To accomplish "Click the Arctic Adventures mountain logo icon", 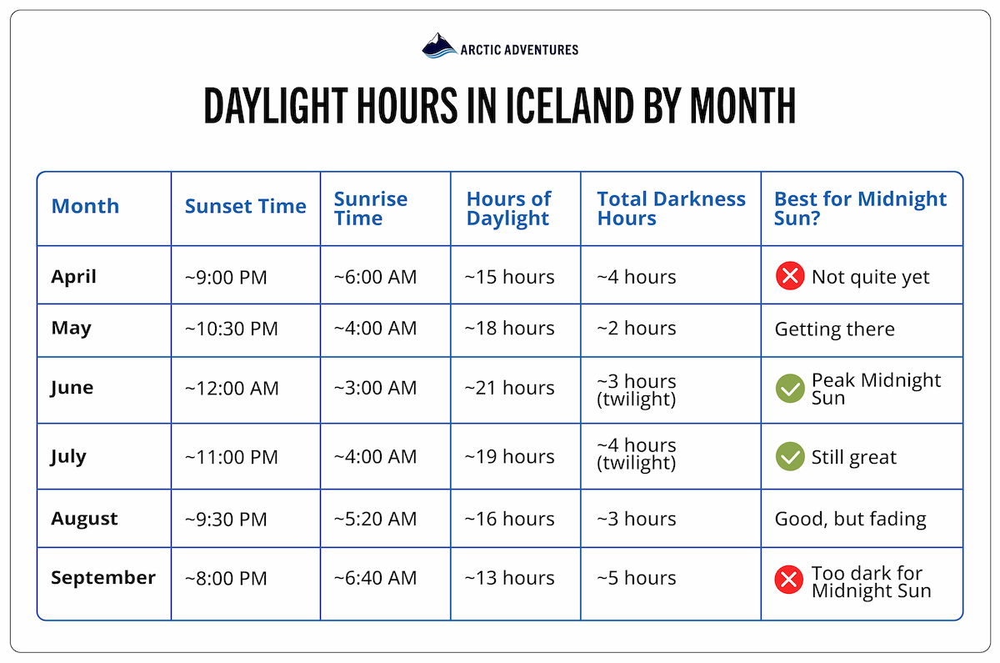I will [439, 47].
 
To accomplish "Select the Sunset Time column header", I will [245, 207].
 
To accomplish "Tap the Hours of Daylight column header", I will [508, 208].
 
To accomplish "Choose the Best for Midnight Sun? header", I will [860, 208].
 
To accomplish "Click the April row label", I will [73, 276].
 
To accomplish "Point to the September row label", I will [102, 577].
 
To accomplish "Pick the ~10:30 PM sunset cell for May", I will [231, 329].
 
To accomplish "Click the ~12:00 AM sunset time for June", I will [231, 389].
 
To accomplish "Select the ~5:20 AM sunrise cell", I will [375, 519].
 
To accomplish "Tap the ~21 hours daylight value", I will [509, 389].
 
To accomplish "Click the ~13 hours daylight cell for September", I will [509, 578].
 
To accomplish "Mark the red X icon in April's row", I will [788, 277].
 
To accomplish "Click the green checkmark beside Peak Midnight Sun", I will [788, 389].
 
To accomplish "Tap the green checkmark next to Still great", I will [788, 457].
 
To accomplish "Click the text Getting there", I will [834, 329].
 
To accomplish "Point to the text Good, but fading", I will [850, 519].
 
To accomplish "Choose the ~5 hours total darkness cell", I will [636, 578].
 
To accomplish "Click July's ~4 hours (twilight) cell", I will [636, 454].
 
